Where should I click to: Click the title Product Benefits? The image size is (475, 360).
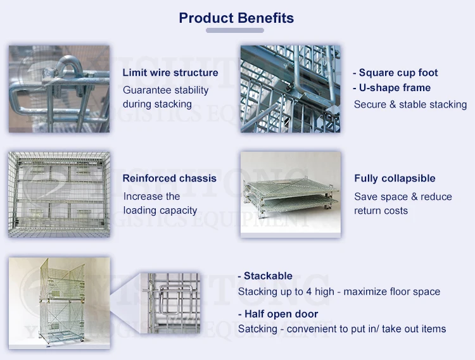click(236, 18)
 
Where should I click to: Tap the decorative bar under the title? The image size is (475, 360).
click(235, 30)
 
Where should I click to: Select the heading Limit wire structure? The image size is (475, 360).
click(170, 73)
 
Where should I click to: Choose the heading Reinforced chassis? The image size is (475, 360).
click(169, 178)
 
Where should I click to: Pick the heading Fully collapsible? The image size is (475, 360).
click(395, 178)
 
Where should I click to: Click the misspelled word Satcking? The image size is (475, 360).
click(258, 329)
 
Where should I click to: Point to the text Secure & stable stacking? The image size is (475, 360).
click(410, 104)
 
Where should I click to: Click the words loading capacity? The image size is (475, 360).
click(160, 210)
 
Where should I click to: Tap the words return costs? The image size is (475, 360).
click(381, 211)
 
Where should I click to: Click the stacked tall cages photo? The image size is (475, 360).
click(60, 303)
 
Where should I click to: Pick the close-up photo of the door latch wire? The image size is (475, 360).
click(170, 303)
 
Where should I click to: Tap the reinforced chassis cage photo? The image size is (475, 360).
click(59, 194)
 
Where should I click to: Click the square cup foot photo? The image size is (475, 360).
click(290, 89)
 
